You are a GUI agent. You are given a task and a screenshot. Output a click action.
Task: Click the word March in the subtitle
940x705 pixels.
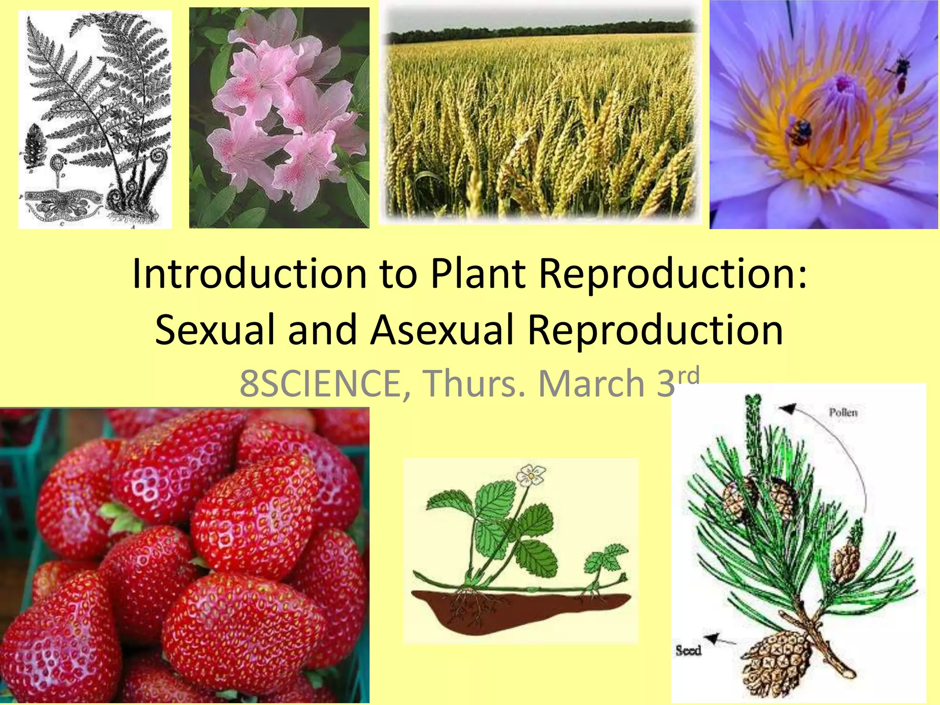point(592,384)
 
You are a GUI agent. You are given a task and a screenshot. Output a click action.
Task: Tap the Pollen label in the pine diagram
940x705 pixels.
point(843,413)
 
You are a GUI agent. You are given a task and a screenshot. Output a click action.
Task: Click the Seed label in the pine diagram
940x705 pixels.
point(688,650)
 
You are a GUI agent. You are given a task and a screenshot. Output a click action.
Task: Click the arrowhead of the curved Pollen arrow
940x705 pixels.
point(789,408)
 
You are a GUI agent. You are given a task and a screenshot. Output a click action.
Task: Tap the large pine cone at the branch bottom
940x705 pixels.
point(773,661)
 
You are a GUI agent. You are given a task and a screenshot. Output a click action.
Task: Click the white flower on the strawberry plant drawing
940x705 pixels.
point(531,476)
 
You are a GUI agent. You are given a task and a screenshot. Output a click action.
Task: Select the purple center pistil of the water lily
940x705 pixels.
point(843,84)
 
